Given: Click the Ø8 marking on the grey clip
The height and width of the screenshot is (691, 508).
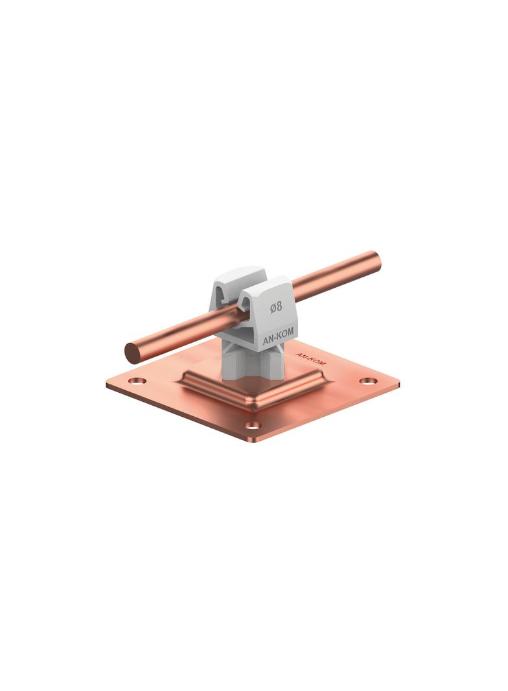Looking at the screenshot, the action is click(276, 306).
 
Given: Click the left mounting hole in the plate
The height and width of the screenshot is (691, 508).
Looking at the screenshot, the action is click(137, 381).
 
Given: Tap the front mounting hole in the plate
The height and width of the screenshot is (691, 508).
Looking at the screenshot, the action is click(253, 426).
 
